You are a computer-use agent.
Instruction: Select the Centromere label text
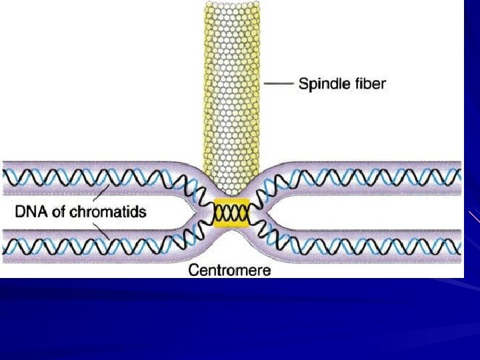tap(230, 270)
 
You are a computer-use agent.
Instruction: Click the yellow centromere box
tap(231, 213)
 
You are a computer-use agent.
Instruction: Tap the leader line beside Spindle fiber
tap(279, 84)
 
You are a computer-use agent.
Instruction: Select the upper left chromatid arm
tap(93, 178)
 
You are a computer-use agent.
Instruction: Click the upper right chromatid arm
tap(373, 178)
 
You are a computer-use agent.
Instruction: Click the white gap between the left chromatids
tap(167, 212)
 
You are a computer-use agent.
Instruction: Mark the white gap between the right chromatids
tap(360, 212)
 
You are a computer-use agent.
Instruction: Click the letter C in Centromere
tap(193, 270)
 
